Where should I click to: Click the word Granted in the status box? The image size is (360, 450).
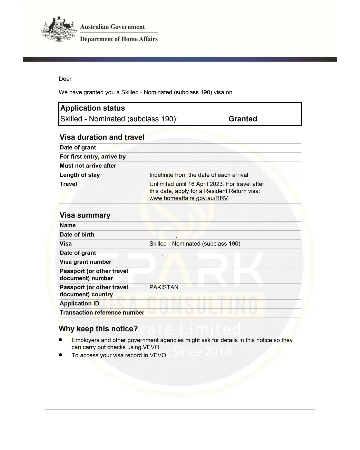point(243,119)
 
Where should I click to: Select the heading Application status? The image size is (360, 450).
point(93,108)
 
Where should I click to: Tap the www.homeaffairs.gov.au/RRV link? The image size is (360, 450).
point(189,198)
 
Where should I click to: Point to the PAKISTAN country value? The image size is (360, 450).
point(164,287)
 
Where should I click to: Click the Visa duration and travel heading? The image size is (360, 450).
point(102,137)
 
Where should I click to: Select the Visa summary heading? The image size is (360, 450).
point(85,215)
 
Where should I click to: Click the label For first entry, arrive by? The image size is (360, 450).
point(93,157)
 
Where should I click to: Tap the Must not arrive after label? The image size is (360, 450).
point(88,166)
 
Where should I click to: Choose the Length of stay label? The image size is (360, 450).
point(80,175)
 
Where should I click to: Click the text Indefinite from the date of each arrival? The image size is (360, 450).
point(199,175)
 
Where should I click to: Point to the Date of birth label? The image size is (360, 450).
point(77,235)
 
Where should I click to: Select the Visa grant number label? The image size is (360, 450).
point(86,262)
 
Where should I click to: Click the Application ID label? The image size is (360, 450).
point(79,303)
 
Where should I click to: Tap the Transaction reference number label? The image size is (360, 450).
point(102,313)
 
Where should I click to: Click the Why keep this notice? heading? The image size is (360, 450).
point(98,329)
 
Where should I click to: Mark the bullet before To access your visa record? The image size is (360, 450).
point(61,355)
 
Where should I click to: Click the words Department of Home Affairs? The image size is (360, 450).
point(119,39)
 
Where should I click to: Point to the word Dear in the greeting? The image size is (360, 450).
point(65,79)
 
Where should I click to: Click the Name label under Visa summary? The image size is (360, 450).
point(68,226)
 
